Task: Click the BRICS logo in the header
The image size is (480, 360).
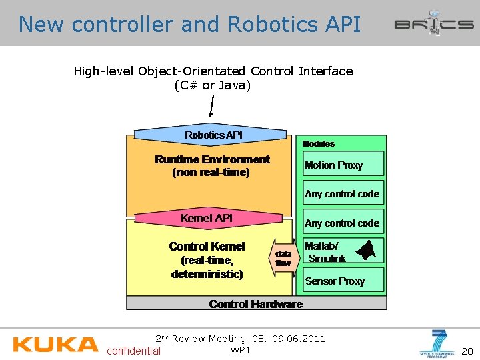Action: [433, 23]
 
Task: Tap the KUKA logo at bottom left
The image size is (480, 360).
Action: [55, 344]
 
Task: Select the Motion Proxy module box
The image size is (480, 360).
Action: [343, 165]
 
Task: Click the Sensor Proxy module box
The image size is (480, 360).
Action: [343, 281]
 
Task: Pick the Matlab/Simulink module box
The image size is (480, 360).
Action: [343, 251]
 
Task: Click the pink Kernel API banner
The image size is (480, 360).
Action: [207, 218]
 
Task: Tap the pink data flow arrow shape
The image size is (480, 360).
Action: [283, 258]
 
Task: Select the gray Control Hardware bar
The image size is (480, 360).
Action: [256, 304]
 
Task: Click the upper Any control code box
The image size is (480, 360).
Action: [343, 194]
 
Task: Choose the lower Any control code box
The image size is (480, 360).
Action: [343, 223]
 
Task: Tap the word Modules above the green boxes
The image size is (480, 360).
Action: [319, 143]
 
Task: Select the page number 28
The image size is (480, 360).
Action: [467, 351]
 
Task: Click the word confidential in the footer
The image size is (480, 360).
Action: [133, 351]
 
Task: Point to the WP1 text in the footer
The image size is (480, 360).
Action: [240, 350]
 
